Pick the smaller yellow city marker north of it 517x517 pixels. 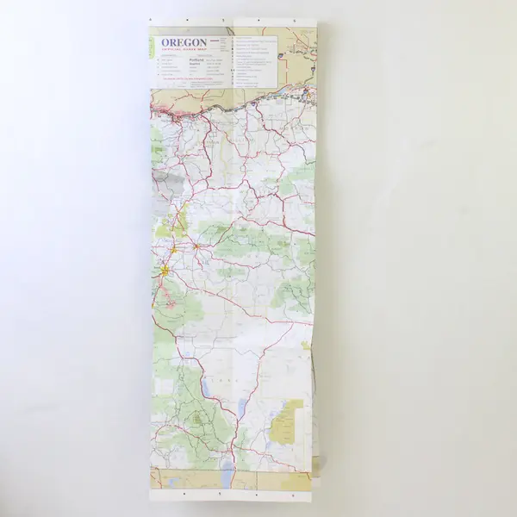click(173, 250)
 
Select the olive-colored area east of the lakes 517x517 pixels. click(288, 421)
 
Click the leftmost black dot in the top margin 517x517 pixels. click(152, 16)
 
